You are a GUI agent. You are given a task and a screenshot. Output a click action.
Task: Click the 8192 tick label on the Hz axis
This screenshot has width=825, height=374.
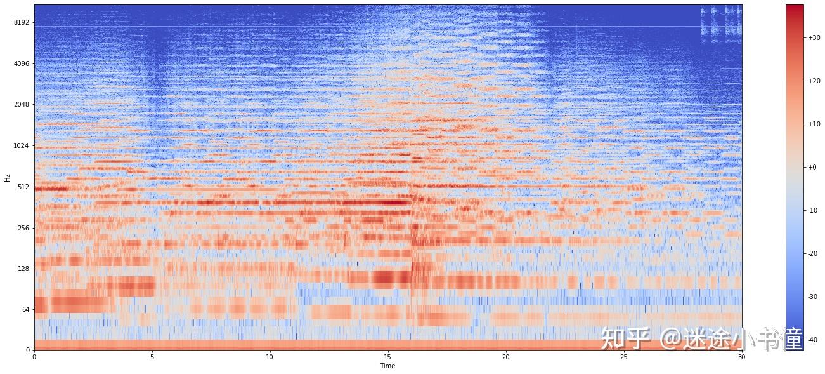coord(22,22)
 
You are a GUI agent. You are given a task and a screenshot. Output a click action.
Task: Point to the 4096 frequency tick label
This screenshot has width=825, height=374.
coord(22,63)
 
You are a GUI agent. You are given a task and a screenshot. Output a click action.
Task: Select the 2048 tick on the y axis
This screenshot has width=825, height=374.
coord(22,104)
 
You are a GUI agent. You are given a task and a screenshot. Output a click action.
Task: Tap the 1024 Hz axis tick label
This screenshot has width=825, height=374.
coord(22,145)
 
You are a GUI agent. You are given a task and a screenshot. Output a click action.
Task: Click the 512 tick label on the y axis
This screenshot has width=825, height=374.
coord(23,187)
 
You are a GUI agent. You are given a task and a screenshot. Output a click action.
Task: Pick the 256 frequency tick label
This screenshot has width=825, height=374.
coord(23,228)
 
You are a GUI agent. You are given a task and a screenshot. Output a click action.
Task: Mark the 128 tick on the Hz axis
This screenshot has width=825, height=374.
coord(23,269)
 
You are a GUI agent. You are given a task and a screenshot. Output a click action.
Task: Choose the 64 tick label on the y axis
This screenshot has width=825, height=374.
coord(25,309)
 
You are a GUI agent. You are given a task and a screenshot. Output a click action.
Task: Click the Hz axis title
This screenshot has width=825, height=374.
coord(8,178)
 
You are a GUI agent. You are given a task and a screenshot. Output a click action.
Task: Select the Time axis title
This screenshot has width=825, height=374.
coord(388,366)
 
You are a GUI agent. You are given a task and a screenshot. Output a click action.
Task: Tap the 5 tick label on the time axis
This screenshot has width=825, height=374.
coord(152,357)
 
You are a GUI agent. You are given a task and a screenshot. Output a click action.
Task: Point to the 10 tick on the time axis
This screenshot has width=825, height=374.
coord(270,357)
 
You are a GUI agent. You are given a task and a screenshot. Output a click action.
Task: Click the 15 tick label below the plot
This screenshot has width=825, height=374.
coord(387,357)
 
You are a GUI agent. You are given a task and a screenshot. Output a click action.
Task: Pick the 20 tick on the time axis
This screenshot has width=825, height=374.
coord(505,357)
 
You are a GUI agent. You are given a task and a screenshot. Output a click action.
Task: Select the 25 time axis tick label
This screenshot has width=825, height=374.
coord(623,357)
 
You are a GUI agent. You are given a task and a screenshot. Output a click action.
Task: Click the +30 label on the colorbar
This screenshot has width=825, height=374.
coord(814,37)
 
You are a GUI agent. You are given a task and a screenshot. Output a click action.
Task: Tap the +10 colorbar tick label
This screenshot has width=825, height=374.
coord(814,124)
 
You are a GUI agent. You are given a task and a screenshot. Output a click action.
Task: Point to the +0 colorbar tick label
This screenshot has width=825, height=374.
coord(812,167)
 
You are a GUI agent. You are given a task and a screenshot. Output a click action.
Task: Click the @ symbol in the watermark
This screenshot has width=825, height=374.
coord(670,339)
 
